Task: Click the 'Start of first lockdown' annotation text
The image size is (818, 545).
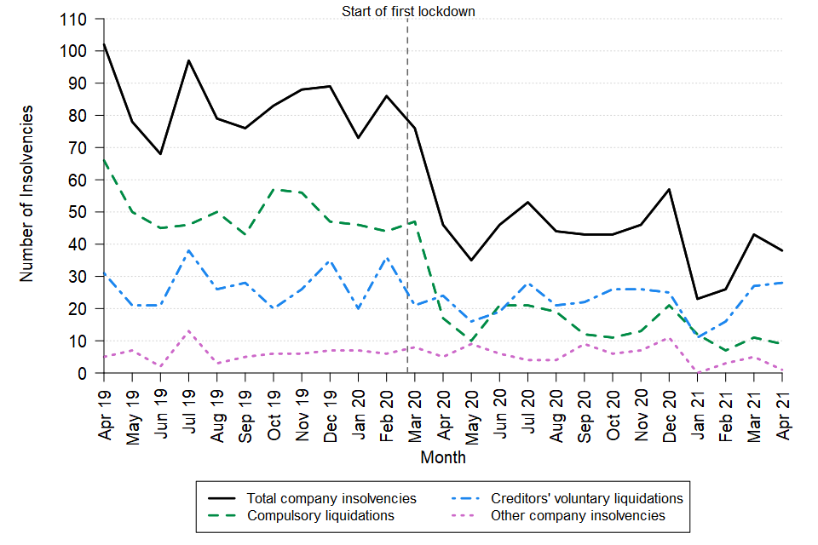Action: [x=407, y=11]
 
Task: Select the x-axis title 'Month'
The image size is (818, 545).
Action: [x=443, y=457]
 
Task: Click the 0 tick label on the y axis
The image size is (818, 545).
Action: [x=84, y=373]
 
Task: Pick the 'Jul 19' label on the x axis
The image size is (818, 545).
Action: [x=189, y=408]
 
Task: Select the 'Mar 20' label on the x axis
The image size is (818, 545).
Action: [x=415, y=408]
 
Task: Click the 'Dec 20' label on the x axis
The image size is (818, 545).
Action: [x=670, y=408]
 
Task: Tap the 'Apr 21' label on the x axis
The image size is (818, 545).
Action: [x=782, y=408]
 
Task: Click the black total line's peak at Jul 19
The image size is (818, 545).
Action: [x=189, y=60]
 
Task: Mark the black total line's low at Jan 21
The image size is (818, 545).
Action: [x=698, y=299]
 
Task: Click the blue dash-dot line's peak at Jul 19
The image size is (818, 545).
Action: [x=189, y=250]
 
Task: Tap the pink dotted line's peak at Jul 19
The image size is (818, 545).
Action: [x=189, y=331]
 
